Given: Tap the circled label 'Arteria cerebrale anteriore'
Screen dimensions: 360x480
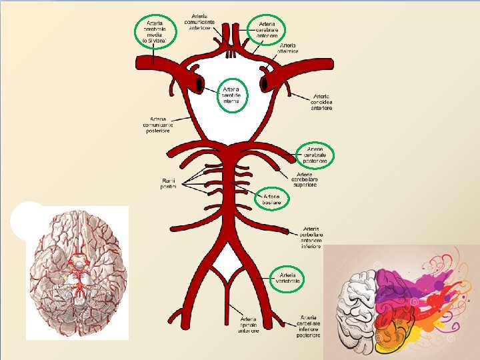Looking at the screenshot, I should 267,30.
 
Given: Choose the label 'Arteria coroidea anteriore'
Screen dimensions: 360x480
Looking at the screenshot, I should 322,100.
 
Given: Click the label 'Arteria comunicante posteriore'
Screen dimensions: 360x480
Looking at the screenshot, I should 158,125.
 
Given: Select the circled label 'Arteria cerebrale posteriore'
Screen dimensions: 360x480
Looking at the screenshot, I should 315,155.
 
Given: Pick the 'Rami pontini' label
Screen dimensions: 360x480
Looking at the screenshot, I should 169,184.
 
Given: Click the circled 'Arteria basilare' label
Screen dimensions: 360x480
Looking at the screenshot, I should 271,199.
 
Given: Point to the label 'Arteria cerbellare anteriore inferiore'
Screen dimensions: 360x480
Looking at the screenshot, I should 311,237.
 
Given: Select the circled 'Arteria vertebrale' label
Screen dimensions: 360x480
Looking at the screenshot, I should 289,278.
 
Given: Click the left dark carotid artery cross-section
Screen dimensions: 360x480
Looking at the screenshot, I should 199,84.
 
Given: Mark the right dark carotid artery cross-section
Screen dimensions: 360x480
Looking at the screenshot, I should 265,84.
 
